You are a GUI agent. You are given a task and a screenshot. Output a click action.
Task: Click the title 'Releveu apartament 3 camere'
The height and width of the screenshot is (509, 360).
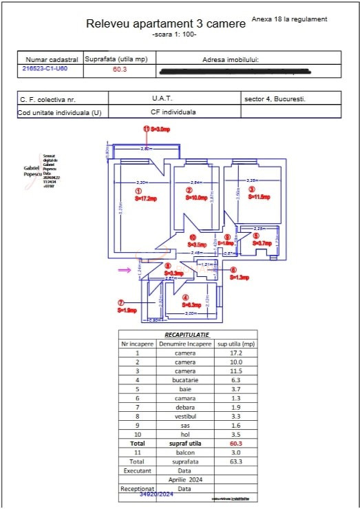(165, 24)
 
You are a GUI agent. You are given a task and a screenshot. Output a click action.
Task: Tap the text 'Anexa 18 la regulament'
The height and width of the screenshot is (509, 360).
(290, 19)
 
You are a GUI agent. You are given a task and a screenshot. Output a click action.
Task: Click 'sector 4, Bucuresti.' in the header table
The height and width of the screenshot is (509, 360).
(275, 99)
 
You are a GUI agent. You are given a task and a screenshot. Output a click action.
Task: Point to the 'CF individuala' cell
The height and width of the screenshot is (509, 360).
(173, 112)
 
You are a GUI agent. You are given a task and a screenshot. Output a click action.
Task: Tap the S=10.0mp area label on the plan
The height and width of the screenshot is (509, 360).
(197, 198)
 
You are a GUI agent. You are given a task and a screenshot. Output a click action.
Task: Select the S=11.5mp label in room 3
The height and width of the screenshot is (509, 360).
(258, 197)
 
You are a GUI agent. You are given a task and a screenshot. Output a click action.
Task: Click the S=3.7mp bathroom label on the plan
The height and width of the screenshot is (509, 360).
(262, 243)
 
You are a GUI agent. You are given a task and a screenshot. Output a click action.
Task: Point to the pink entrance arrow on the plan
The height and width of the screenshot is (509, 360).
(124, 271)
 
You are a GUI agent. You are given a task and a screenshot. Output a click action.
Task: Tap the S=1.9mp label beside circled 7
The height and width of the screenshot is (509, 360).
(129, 311)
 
